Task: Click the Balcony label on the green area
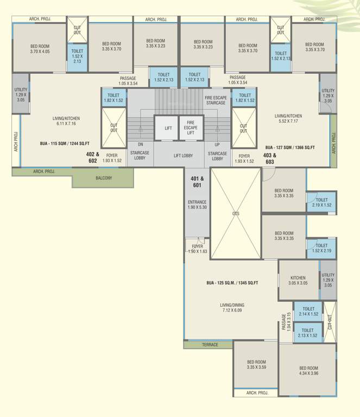tap(104, 178)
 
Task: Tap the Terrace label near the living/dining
tap(209, 344)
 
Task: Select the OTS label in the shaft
tap(236, 213)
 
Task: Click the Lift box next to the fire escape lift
tap(168, 128)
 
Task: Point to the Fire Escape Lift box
tap(191, 128)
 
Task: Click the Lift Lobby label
tap(183, 156)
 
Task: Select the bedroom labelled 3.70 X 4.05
tap(40, 48)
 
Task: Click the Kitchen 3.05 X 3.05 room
tap(298, 280)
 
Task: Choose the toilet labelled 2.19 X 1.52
tap(321, 203)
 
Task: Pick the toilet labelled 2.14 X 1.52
tap(308, 311)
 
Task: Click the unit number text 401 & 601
tap(197, 182)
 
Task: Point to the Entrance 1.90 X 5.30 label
tap(197, 205)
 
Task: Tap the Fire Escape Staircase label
tap(215, 100)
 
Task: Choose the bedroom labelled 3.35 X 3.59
tap(256, 365)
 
